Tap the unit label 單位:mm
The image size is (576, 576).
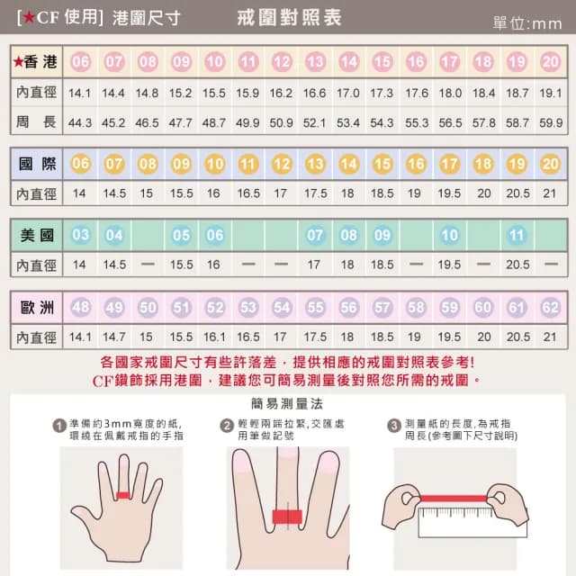(x=527, y=23)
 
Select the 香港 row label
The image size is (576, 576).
(x=36, y=62)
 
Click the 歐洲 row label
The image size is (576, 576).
(x=37, y=308)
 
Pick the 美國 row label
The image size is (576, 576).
(x=37, y=236)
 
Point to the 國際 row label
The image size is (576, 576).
(x=37, y=164)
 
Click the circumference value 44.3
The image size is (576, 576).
(x=80, y=121)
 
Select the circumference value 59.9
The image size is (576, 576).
(x=550, y=121)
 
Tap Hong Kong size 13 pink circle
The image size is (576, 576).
(x=315, y=62)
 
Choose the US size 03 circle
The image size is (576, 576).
(x=80, y=236)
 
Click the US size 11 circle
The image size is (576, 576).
(x=517, y=236)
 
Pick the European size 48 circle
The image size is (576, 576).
(x=80, y=308)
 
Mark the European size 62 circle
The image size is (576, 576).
(x=550, y=308)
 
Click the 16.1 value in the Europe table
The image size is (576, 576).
(x=214, y=337)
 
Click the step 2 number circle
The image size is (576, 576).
(x=227, y=426)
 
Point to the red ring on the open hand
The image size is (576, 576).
(x=123, y=494)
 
